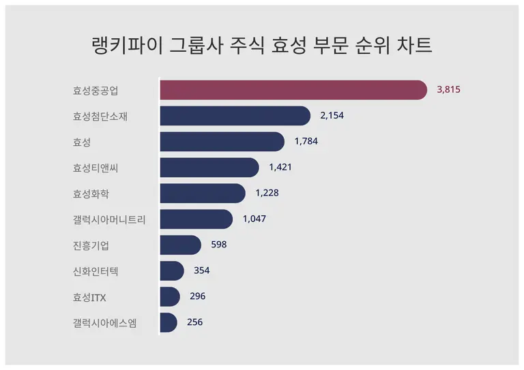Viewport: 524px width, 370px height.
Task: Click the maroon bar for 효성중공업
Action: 293,90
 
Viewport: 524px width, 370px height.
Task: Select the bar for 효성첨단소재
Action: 235,116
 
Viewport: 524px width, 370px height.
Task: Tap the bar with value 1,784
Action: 222,142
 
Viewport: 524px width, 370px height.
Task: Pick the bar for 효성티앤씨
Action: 209,168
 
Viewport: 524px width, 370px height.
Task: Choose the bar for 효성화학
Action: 203,194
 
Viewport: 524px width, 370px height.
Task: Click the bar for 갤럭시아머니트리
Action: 196,219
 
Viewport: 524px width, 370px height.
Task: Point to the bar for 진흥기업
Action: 181,245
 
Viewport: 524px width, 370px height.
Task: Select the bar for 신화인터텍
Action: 172,271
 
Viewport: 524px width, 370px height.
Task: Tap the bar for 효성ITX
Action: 170,296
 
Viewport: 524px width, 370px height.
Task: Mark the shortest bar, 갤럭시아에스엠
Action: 169,322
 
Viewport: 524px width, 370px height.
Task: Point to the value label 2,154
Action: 332,116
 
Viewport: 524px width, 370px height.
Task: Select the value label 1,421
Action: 280,168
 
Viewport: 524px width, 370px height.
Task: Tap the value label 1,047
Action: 254,219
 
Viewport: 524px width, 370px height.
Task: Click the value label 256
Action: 194,322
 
